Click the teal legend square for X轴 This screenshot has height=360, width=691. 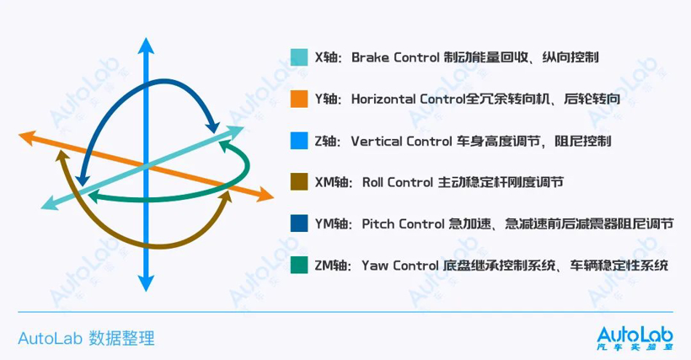point(297,58)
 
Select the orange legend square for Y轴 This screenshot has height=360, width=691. point(297,99)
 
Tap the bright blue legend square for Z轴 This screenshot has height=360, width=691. point(297,141)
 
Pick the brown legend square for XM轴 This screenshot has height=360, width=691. point(297,182)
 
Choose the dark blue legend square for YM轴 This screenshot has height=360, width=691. point(297,223)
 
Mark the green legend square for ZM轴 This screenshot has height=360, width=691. point(297,265)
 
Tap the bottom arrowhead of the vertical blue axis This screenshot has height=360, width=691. point(147,287)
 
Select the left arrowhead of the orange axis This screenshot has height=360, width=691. point(27,135)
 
